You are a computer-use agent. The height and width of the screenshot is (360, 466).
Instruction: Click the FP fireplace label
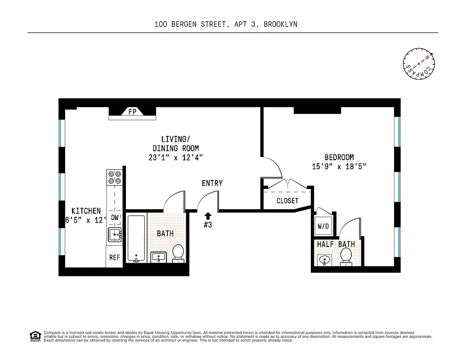coord(132,112)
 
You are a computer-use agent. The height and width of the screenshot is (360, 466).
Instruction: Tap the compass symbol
coord(419,63)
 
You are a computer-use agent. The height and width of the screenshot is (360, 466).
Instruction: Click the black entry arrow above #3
coord(207,216)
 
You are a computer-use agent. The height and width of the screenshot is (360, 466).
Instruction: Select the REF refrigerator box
coord(115,257)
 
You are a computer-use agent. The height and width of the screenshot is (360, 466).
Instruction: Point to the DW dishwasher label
coord(115,217)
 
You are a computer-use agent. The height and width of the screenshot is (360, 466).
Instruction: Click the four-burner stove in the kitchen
coord(114,177)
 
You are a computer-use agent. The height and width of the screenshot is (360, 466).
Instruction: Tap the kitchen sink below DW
coord(115,234)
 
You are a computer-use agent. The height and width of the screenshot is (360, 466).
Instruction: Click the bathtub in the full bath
coord(136,238)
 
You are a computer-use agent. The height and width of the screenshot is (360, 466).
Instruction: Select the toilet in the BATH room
coord(178,253)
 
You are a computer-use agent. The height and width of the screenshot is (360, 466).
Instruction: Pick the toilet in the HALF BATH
coord(346,256)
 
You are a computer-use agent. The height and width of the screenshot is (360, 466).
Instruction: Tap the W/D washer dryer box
coord(323,226)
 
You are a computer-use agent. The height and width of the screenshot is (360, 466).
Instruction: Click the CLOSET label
coord(287,201)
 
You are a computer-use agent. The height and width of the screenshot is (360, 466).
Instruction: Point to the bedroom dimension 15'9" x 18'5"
coord(339,166)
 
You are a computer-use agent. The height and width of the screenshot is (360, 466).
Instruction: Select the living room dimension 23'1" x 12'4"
coord(175,157)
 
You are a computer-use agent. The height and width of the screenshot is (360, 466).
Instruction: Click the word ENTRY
coord(212,183)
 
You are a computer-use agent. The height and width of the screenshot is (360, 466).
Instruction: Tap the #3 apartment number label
coord(207,225)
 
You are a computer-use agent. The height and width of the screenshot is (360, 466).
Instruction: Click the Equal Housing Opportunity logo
coord(34,336)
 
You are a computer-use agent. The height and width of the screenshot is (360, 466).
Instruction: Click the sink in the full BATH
coord(158,257)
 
